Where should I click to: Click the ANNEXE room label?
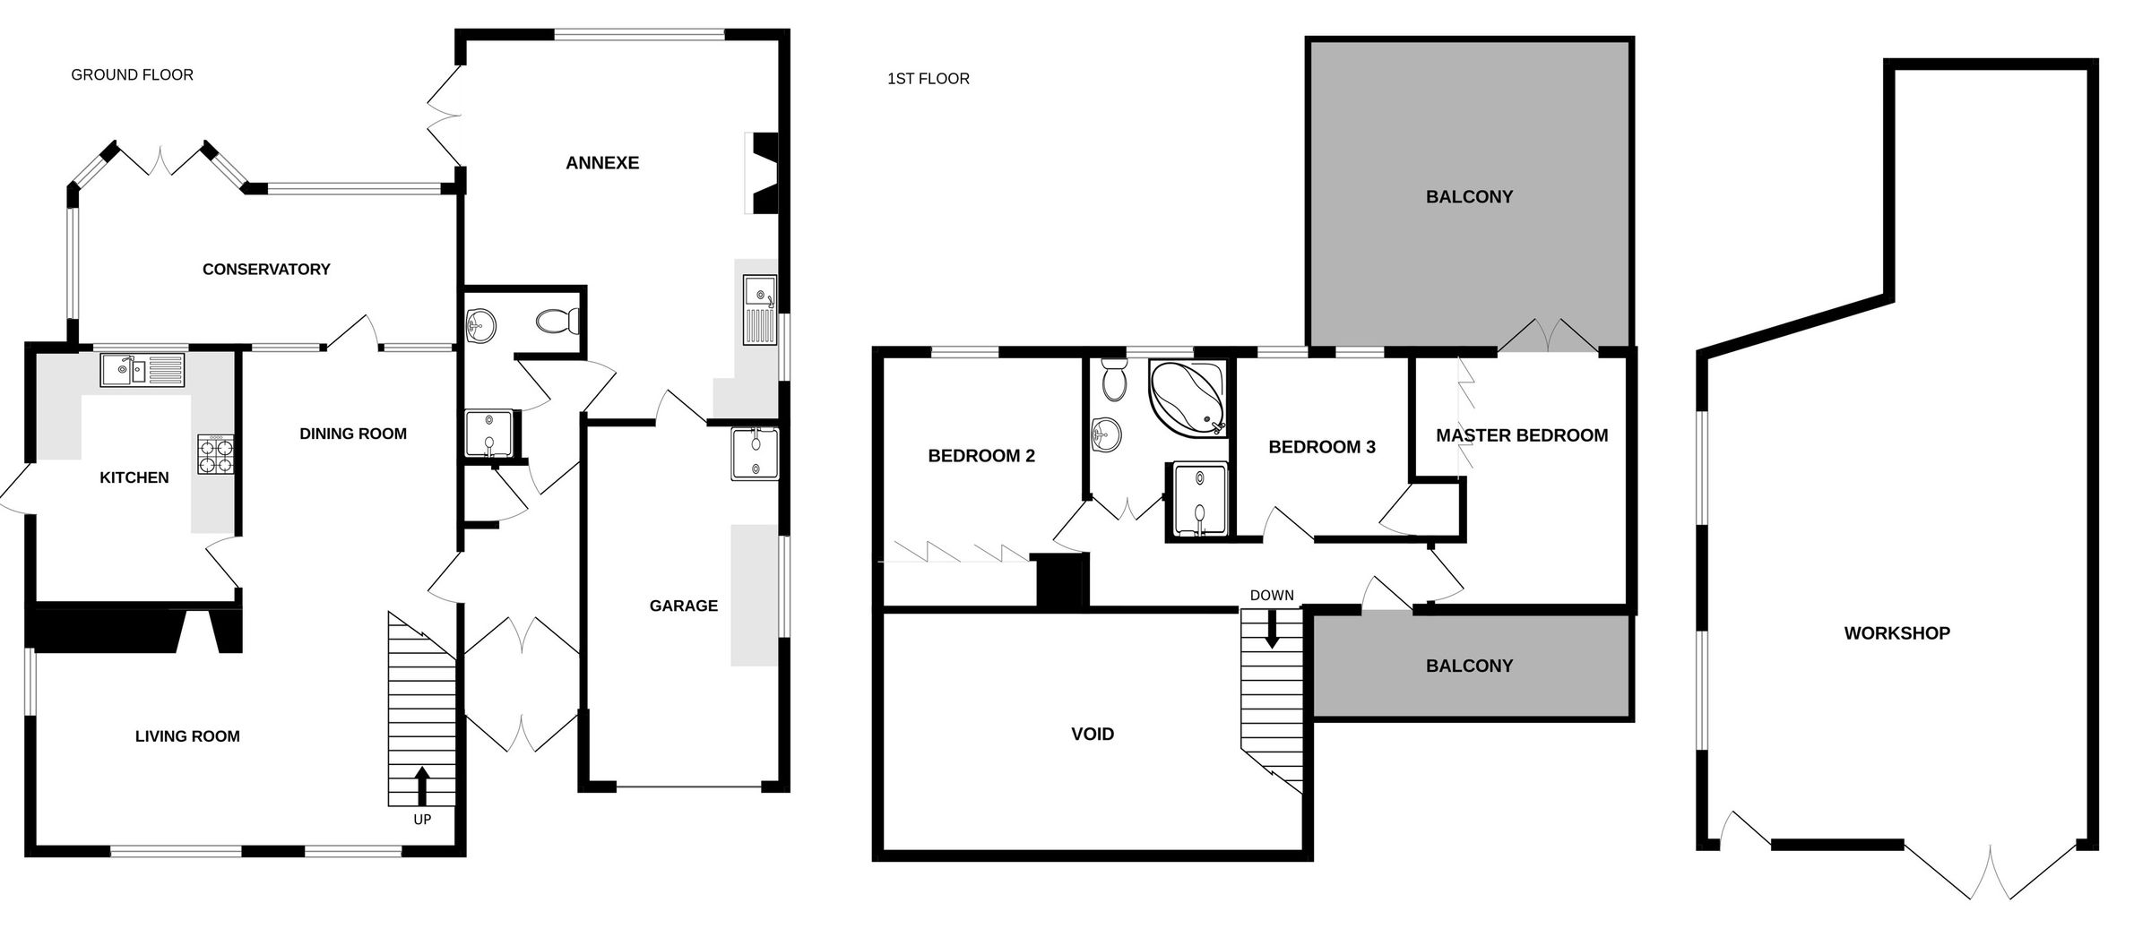[x=602, y=163]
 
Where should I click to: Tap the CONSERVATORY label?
[x=266, y=270]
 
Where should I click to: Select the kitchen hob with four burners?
[x=216, y=453]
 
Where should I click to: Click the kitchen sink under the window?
[x=143, y=369]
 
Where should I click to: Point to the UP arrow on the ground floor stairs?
[x=422, y=786]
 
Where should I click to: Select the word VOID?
[x=1093, y=735]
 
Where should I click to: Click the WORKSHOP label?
[x=1896, y=633]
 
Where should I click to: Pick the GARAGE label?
[x=683, y=606]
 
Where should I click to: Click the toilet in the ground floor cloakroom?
[x=558, y=321]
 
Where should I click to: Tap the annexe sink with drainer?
[x=759, y=311]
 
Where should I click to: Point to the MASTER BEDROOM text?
[x=1521, y=436]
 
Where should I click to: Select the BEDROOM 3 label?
[x=1321, y=447]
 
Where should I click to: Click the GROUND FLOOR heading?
[x=132, y=75]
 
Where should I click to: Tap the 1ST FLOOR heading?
[x=928, y=79]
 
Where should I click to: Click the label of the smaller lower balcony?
[x=1469, y=666]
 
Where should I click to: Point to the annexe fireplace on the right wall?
[x=764, y=174]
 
